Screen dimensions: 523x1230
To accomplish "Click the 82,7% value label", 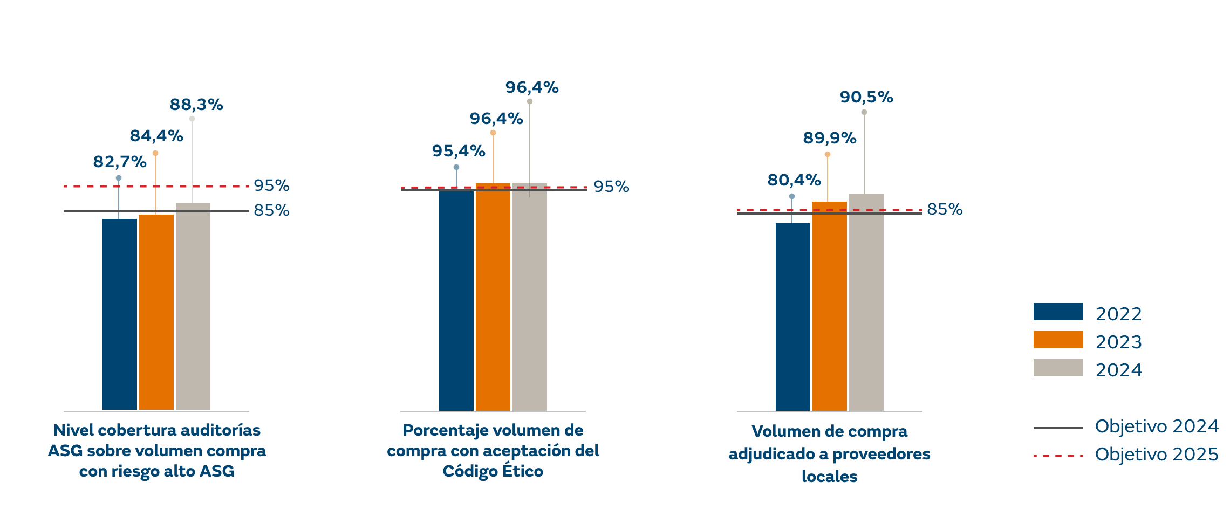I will (120, 161).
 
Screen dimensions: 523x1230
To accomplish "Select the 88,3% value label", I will (196, 105).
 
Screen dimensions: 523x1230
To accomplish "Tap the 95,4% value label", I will (459, 151).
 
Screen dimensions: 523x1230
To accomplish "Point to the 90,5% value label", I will (866, 97).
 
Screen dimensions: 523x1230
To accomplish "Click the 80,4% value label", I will (794, 180).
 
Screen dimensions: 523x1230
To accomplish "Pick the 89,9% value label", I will (830, 138).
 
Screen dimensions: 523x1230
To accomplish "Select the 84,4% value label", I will (156, 136).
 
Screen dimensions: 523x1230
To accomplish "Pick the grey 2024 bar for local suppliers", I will (866, 302).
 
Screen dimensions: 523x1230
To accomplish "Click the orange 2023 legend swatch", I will (1058, 340).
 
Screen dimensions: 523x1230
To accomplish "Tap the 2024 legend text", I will (1118, 370).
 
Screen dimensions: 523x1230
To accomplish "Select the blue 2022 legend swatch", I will (1058, 312).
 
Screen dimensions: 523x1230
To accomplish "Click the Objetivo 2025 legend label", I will (1157, 455).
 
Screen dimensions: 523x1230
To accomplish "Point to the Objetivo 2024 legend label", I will (1157, 426).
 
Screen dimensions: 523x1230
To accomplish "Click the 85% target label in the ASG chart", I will (271, 210).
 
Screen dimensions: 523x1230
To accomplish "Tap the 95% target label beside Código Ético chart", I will (611, 187).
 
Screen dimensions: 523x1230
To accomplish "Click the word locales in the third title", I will (829, 477).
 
